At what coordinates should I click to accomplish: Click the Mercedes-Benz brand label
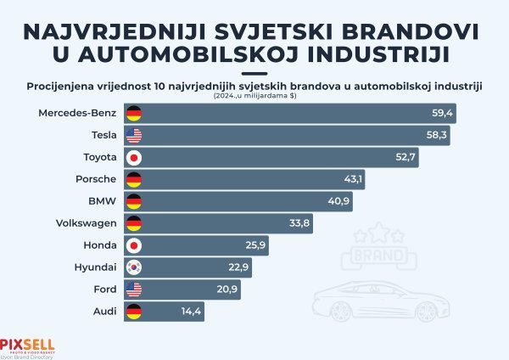pyautogui.click(x=78, y=113)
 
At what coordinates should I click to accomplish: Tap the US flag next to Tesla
pyautogui.click(x=133, y=135)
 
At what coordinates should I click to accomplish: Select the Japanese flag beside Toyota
pyautogui.click(x=133, y=157)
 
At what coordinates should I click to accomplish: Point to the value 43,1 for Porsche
pyautogui.click(x=351, y=179)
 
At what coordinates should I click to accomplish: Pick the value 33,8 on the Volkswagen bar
pyautogui.click(x=300, y=223)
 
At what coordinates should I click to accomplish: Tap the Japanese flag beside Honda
pyautogui.click(x=133, y=245)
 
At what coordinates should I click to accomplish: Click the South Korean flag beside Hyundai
pyautogui.click(x=133, y=267)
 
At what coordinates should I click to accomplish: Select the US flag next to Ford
pyautogui.click(x=133, y=290)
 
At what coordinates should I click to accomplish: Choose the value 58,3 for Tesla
pyautogui.click(x=438, y=135)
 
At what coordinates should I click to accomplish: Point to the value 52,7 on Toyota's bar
pyautogui.click(x=405, y=157)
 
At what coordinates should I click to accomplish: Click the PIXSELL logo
pyautogui.click(x=27, y=344)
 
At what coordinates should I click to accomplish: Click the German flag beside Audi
pyautogui.click(x=133, y=312)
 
